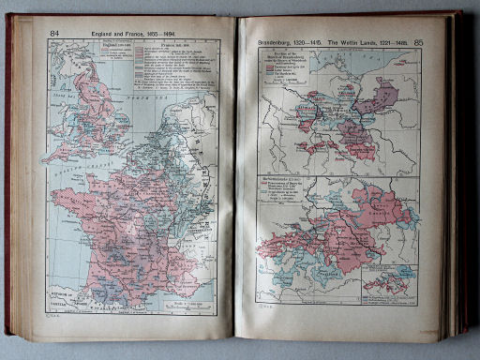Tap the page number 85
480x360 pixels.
click(x=443, y=41)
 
